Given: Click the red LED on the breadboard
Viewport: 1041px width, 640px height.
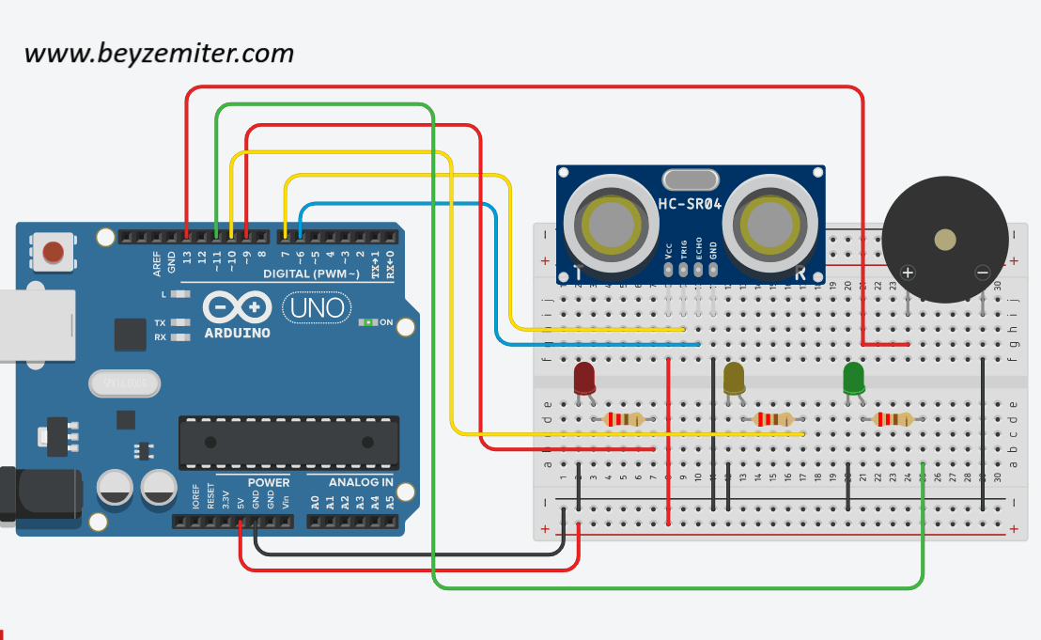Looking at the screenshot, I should (584, 378).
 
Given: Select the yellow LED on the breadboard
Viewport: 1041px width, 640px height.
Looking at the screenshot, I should (734, 379).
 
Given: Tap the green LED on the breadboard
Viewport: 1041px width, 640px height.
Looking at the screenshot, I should (854, 379).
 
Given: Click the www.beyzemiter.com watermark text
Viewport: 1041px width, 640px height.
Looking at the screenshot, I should (159, 54).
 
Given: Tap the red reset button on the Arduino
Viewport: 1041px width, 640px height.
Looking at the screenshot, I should (54, 252).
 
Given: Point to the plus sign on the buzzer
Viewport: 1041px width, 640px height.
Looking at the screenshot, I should (908, 273).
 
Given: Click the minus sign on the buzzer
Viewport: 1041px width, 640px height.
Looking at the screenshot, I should (983, 273).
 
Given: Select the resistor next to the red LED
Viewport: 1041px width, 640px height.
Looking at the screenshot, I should (624, 419).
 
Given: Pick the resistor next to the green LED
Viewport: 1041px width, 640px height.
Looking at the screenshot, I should (893, 419).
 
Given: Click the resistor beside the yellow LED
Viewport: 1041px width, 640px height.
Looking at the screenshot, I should (773, 419).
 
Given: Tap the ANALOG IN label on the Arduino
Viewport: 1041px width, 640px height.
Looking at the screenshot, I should (361, 482).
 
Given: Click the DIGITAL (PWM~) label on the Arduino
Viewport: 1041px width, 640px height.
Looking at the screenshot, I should (311, 273).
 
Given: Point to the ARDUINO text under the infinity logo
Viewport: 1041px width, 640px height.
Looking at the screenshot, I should (237, 333).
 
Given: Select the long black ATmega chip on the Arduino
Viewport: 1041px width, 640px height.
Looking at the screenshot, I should (287, 443).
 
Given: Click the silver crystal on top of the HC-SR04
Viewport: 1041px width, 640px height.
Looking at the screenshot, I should (690, 179).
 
